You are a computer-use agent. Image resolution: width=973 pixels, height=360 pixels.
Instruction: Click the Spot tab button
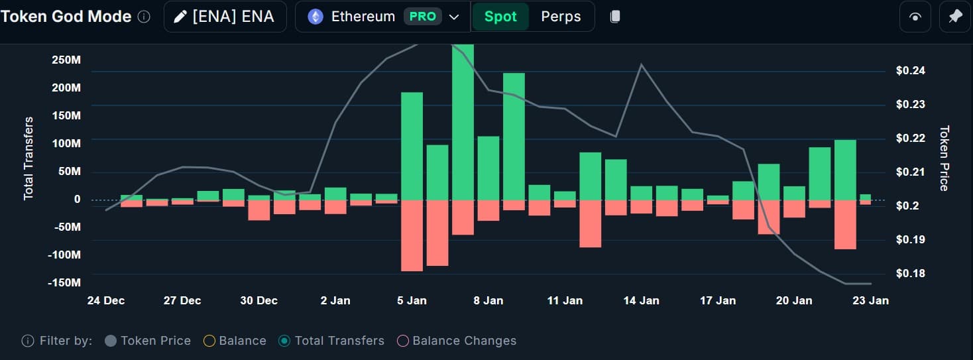500,17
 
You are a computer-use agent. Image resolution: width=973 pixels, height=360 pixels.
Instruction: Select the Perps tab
561,17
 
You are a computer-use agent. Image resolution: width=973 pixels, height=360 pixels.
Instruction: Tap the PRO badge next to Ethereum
423,17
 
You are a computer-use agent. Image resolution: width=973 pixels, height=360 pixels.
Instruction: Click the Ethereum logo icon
315,17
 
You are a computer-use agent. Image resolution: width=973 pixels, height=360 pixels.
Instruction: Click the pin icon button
954,17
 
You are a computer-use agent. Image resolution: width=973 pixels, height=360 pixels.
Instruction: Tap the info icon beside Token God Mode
144,17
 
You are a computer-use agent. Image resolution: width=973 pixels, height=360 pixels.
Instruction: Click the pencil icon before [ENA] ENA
180,17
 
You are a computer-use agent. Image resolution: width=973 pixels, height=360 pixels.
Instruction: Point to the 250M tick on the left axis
66,60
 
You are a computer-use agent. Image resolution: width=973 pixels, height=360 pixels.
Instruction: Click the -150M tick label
64,283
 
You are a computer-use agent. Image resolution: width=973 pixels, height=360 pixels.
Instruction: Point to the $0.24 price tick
911,71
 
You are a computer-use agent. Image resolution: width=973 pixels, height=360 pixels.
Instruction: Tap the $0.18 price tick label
911,273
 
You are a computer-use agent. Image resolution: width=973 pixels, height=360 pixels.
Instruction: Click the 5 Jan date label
412,300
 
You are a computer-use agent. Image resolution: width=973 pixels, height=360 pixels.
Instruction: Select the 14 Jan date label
641,300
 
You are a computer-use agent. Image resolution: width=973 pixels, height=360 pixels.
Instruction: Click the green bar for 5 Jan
412,146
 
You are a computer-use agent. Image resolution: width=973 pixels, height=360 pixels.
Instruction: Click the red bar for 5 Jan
412,235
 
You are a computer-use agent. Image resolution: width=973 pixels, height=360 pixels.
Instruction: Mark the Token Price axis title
944,158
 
